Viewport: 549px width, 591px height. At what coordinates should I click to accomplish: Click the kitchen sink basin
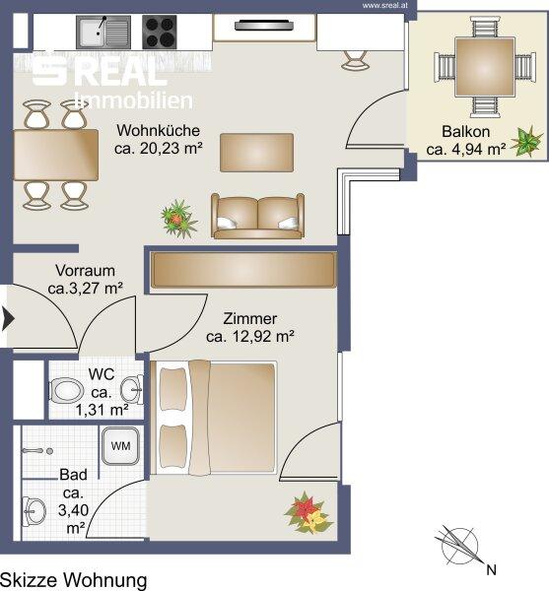[x=103, y=33]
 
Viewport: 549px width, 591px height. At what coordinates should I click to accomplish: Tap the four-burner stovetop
[x=159, y=33]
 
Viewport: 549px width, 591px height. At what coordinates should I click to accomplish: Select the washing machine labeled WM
[x=120, y=446]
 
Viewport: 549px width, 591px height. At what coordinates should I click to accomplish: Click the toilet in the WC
[x=67, y=390]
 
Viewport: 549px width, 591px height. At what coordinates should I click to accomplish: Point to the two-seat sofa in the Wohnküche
[x=257, y=216]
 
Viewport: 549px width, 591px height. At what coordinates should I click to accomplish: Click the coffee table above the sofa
[x=257, y=153]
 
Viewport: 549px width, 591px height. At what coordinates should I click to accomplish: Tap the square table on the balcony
[x=485, y=67]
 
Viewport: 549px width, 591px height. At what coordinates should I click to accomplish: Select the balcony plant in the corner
[x=527, y=141]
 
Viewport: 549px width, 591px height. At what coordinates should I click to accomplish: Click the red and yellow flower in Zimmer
[x=308, y=513]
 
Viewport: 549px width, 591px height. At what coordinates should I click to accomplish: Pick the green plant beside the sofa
[x=178, y=219]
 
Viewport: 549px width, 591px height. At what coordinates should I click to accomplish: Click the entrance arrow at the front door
[x=8, y=318]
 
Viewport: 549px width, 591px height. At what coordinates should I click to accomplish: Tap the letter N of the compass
[x=491, y=570]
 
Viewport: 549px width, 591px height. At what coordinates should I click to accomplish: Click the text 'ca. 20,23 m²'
[x=159, y=148]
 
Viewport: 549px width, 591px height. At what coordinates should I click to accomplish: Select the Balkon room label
[x=465, y=132]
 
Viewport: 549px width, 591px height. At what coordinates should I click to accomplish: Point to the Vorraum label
[x=85, y=271]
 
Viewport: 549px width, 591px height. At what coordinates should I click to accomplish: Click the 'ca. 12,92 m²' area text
[x=250, y=336]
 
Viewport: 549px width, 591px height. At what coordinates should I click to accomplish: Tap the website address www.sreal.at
[x=385, y=6]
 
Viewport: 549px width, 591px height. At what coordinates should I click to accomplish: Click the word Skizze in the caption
[x=28, y=580]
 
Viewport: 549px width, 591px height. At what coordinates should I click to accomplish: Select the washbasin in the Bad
[x=34, y=511]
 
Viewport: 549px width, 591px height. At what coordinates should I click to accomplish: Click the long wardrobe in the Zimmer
[x=243, y=270]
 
